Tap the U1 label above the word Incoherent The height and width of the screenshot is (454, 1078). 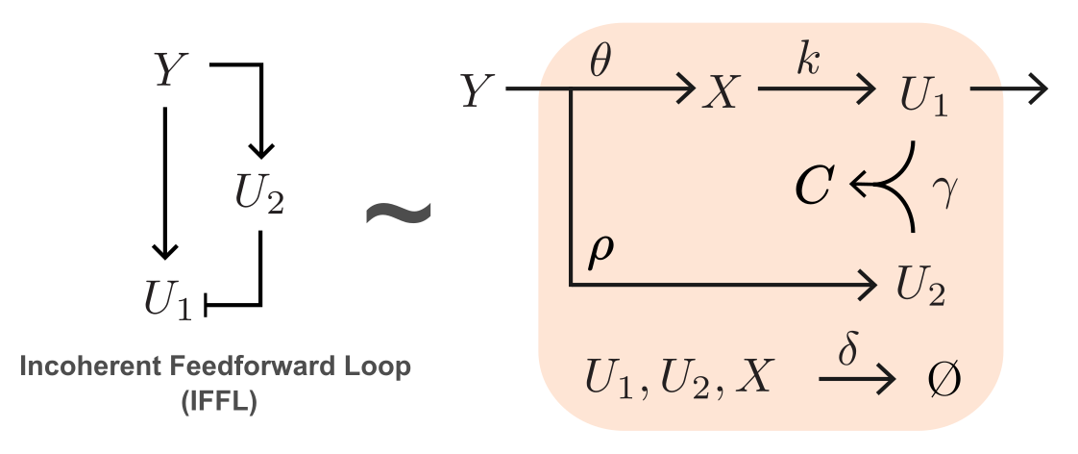click(x=170, y=304)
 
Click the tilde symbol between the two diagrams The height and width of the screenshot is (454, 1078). click(x=398, y=212)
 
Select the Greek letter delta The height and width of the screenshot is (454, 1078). click(x=849, y=349)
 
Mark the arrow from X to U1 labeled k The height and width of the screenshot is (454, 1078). click(x=817, y=92)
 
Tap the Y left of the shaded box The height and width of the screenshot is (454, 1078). click(x=478, y=92)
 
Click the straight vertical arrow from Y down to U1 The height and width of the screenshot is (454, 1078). click(x=165, y=183)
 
